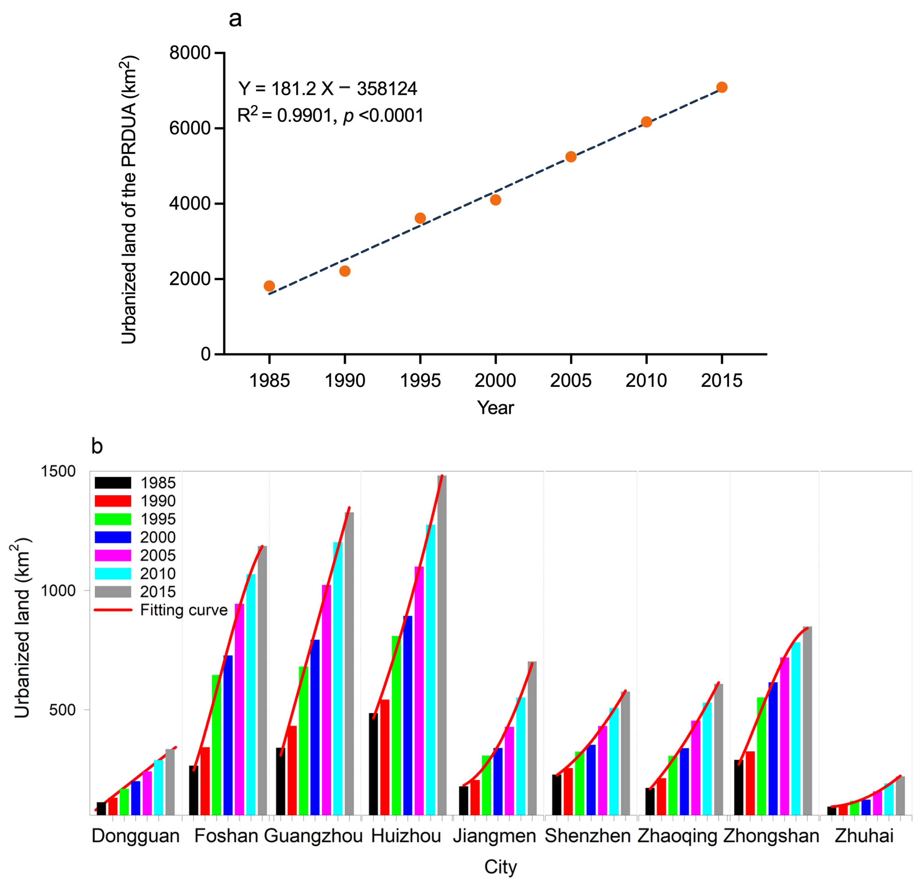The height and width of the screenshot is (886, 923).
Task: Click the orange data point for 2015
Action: [x=721, y=87]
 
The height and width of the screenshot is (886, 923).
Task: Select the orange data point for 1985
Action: [x=269, y=286]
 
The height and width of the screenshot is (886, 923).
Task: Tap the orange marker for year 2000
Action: [x=496, y=200]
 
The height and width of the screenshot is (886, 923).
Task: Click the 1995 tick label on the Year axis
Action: [x=420, y=381]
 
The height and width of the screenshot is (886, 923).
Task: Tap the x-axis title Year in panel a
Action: [x=496, y=407]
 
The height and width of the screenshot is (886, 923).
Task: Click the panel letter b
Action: [x=97, y=446]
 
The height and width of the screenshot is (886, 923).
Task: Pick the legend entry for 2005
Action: [x=137, y=555]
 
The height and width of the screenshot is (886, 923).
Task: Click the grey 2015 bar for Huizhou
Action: [x=442, y=645]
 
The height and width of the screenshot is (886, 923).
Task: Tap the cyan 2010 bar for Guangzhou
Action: [x=338, y=678]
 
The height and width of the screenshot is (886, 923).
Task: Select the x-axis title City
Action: [x=501, y=867]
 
